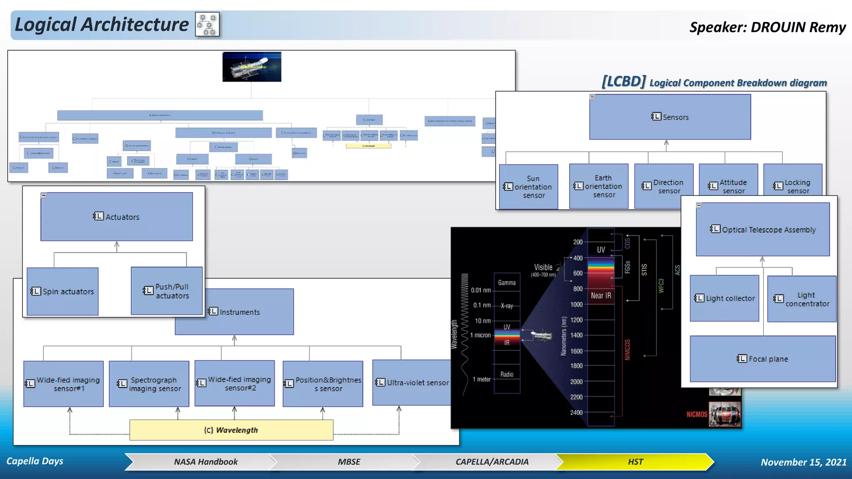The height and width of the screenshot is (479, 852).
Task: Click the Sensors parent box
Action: click(x=670, y=117)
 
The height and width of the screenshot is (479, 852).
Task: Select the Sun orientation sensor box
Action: click(x=528, y=187)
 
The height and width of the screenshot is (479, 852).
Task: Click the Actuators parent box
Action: click(x=116, y=217)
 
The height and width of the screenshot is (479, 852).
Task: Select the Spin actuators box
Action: click(x=62, y=291)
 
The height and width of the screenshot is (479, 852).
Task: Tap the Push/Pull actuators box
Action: click(x=166, y=291)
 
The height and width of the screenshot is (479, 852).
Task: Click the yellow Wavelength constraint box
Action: click(x=231, y=430)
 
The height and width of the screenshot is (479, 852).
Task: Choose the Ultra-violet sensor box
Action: click(x=412, y=383)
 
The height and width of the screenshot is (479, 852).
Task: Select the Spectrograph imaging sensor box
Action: click(x=149, y=384)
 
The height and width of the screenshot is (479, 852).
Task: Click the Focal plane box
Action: click(x=763, y=359)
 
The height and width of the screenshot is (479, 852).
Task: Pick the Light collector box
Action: click(x=724, y=298)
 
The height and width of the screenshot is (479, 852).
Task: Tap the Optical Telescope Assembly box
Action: click(x=763, y=230)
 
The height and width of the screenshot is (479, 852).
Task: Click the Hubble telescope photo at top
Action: click(x=252, y=67)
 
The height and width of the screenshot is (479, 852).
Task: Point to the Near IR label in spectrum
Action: click(x=601, y=296)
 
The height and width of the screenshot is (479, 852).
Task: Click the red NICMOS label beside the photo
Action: click(x=697, y=414)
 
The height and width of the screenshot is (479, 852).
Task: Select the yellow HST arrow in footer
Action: click(x=635, y=462)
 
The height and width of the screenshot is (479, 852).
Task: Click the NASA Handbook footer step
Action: click(x=206, y=462)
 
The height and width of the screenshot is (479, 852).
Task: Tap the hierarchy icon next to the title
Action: click(x=207, y=25)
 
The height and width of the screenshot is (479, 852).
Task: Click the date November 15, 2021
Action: click(x=803, y=462)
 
